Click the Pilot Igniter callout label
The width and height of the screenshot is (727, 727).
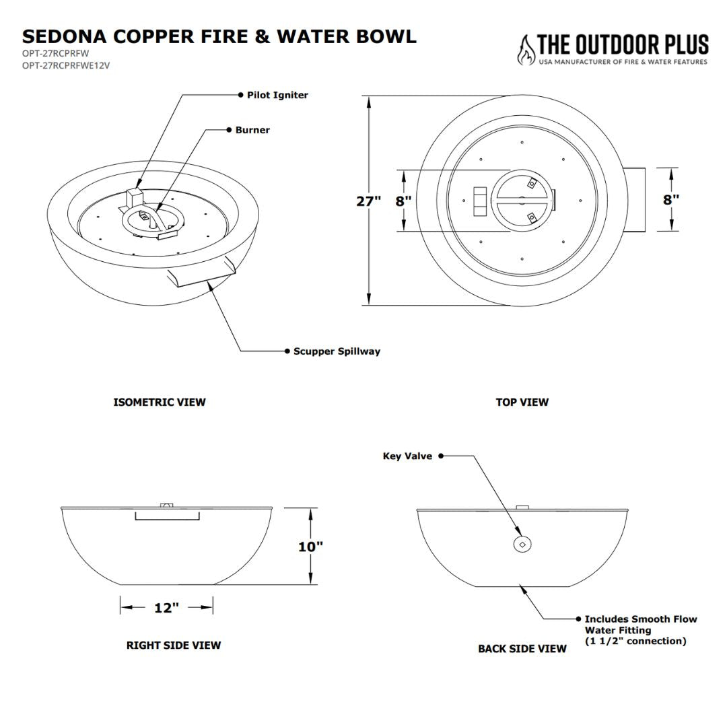[x=277, y=96]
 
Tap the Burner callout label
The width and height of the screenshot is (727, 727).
[x=252, y=131]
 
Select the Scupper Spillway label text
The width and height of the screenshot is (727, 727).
[x=337, y=351]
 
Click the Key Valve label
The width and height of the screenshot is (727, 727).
[x=407, y=456]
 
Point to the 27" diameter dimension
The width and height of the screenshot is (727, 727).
[x=368, y=201]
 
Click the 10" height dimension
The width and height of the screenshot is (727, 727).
[x=310, y=547]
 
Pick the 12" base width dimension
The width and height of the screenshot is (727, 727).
[x=166, y=608]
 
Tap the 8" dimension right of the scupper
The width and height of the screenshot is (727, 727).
[x=670, y=200]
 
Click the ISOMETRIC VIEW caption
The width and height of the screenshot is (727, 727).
[x=160, y=403]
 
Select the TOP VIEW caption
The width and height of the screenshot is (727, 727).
[x=522, y=403]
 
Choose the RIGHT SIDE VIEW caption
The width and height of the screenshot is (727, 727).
[x=174, y=646]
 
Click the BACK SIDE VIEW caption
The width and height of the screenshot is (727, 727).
[x=522, y=649]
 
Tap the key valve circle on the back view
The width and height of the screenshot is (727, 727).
[x=522, y=544]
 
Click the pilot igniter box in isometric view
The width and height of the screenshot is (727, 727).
[x=135, y=198]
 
